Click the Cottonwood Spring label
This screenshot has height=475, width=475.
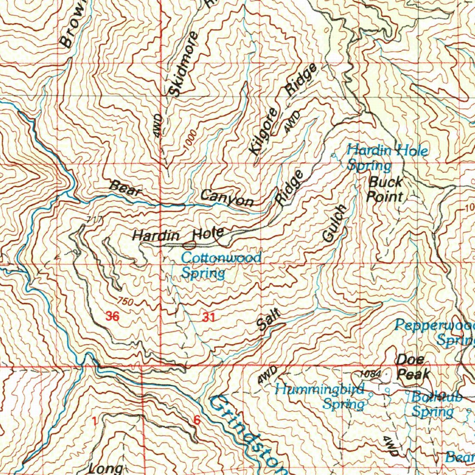221,265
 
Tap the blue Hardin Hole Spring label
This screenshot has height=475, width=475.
387,157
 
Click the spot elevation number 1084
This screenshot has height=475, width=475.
370,374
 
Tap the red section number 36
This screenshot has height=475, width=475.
112,317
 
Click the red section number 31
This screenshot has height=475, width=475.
209,318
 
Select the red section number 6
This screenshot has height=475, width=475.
196,420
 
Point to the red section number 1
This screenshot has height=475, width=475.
95,421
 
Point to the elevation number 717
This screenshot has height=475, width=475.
94,219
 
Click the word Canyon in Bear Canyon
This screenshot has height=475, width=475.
227,198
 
